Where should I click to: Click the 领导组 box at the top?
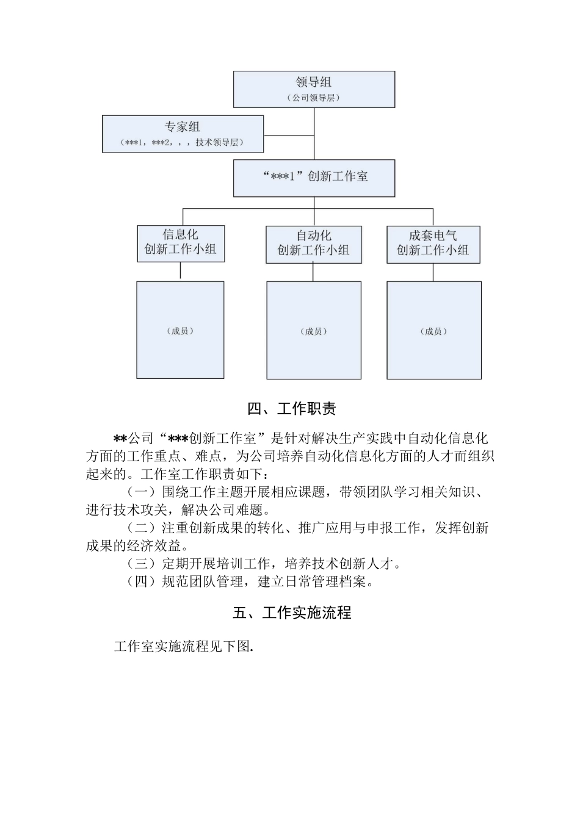tap(314, 89)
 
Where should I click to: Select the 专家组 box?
tap(183, 134)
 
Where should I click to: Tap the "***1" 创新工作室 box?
tap(314, 178)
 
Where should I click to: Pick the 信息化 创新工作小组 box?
tap(181, 243)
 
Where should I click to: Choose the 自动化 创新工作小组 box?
tap(314, 244)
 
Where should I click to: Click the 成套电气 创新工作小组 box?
tap(433, 244)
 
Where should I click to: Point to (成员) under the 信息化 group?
tap(180, 331)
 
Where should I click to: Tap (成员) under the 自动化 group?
tap(314, 331)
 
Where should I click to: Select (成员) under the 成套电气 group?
tap(433, 331)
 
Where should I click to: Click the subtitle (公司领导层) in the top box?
tap(313, 98)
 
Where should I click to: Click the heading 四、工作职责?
tap(292, 409)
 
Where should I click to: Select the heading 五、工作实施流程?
tap(292, 613)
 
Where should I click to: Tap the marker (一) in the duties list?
tap(140, 492)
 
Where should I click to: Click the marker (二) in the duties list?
tap(140, 528)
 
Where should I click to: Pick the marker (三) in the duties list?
tap(140, 563)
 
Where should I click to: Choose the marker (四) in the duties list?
tap(140, 581)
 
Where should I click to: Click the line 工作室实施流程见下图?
tap(183, 647)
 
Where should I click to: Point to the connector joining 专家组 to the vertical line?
tap(288, 134)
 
